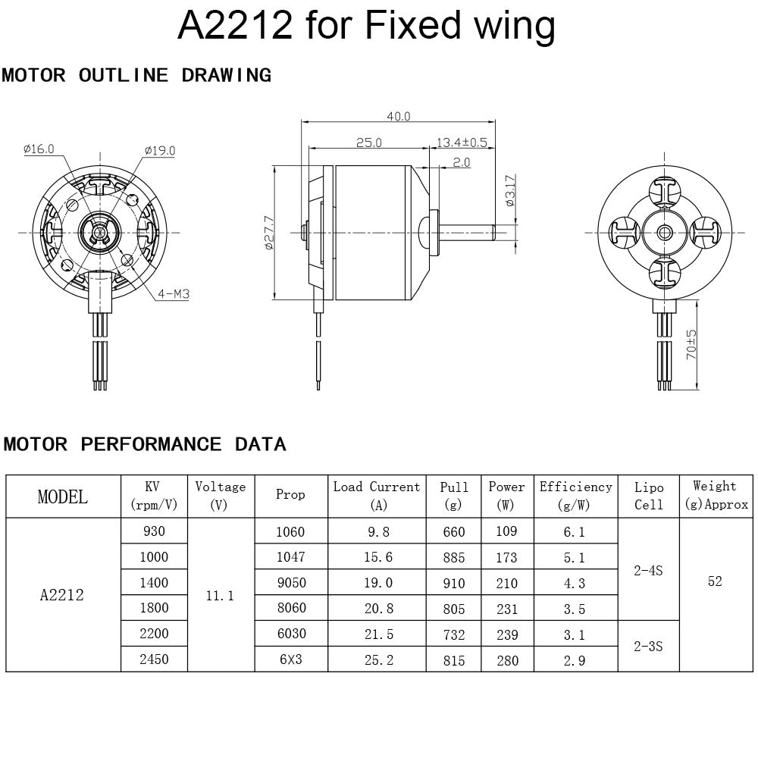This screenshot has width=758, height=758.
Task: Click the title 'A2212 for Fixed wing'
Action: (x=366, y=26)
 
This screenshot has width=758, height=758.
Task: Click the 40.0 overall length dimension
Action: (x=398, y=116)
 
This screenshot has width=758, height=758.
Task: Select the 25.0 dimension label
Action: (x=369, y=142)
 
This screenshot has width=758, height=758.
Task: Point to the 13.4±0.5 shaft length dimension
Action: (x=462, y=142)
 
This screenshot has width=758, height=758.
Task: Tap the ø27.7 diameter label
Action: (x=269, y=232)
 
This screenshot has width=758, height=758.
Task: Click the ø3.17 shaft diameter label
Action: (x=509, y=190)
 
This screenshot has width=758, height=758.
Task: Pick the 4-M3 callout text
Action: (x=173, y=293)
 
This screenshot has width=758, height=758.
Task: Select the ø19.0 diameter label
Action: (x=159, y=150)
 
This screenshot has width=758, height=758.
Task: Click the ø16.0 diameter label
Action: (x=39, y=149)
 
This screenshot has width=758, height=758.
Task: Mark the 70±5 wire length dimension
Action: (x=691, y=344)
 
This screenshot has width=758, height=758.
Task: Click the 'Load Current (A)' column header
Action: (x=377, y=495)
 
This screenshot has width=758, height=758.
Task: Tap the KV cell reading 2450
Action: (x=154, y=659)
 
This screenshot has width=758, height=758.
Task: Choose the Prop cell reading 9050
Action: (x=290, y=583)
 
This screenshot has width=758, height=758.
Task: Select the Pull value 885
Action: (x=454, y=557)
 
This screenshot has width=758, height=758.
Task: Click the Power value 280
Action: (x=507, y=660)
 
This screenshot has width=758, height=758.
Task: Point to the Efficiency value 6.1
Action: (x=575, y=532)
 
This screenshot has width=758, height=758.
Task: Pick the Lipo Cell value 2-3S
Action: (x=648, y=647)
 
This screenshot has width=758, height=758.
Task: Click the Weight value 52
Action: (x=715, y=581)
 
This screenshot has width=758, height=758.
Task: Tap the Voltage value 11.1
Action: (x=220, y=596)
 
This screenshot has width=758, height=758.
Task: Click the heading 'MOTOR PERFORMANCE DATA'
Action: (x=145, y=444)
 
